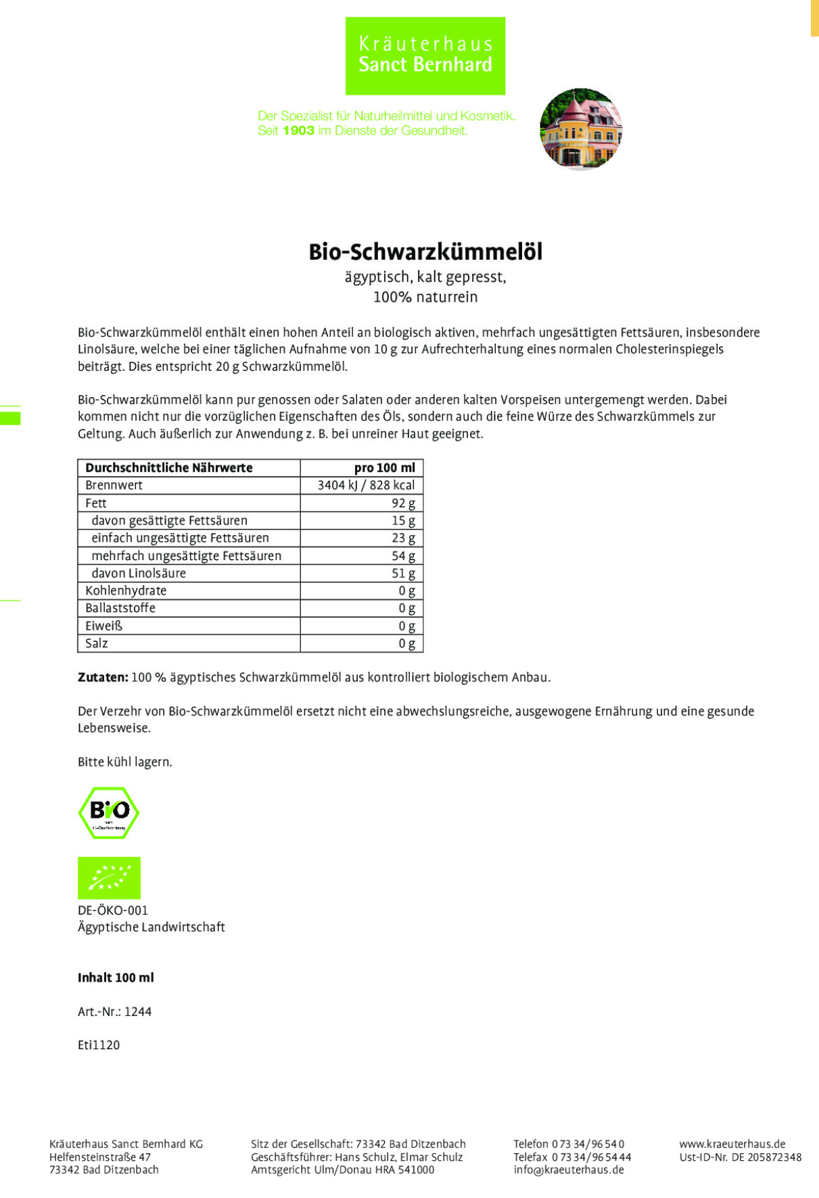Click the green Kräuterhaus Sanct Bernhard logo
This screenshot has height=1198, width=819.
(x=425, y=55)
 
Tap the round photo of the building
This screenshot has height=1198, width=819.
(x=580, y=129)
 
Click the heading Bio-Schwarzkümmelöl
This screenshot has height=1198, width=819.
(x=425, y=252)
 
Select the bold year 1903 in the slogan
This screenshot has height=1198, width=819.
(x=298, y=131)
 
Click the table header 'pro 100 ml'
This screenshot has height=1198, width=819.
(x=384, y=467)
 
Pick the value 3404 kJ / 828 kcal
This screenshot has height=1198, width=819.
(x=366, y=485)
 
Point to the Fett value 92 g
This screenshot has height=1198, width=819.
(x=403, y=503)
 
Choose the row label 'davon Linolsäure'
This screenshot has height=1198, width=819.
(x=139, y=573)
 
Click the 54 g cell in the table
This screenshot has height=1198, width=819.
(x=403, y=555)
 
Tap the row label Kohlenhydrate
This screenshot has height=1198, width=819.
(x=126, y=591)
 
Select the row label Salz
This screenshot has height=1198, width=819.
(x=97, y=643)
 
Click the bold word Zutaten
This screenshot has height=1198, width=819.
(x=103, y=677)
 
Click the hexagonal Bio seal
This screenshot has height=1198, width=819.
(x=109, y=812)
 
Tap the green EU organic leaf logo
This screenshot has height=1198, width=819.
(x=109, y=877)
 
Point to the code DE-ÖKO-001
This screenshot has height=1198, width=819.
(x=112, y=911)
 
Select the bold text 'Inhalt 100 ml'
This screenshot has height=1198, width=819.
(x=116, y=977)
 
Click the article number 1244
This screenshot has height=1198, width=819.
(x=138, y=1011)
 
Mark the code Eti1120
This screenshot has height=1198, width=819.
(x=99, y=1044)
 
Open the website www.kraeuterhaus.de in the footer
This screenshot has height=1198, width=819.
(x=732, y=1144)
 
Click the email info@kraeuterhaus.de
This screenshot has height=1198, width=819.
(x=568, y=1170)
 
